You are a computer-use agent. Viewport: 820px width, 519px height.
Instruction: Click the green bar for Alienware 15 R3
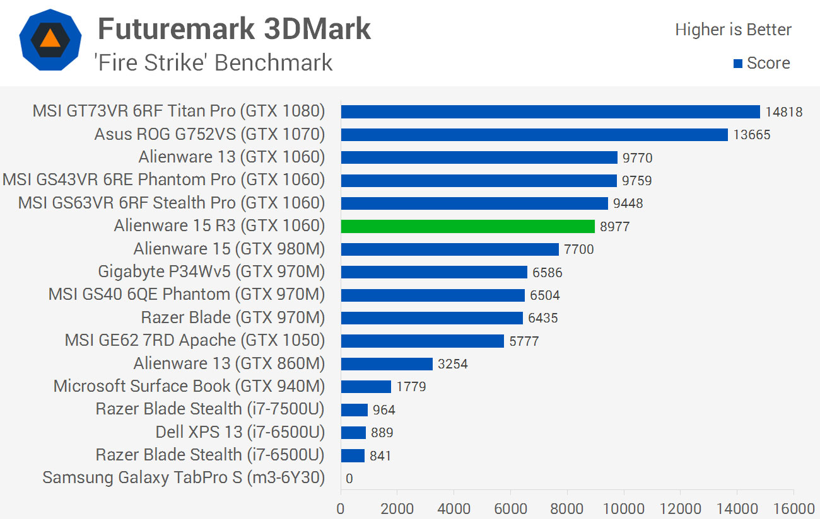[467, 226]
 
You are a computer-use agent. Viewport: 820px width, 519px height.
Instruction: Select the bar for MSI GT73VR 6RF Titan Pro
[550, 111]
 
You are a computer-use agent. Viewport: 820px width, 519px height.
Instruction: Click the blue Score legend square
[737, 64]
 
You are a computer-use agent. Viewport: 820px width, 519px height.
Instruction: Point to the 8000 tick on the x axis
[567, 508]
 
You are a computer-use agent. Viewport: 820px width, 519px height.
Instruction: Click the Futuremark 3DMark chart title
[234, 29]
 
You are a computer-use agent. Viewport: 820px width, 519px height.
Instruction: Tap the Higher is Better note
[733, 30]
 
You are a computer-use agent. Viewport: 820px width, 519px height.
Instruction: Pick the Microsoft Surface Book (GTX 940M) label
[189, 386]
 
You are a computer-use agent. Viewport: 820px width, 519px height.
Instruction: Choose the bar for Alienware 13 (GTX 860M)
[387, 363]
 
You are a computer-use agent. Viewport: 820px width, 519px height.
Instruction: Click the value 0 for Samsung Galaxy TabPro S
[349, 479]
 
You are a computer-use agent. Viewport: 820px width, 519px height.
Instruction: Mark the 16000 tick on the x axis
[794, 508]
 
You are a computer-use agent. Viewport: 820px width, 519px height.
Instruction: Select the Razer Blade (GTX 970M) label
[232, 317]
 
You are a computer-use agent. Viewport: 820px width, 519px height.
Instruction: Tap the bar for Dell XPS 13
[353, 432]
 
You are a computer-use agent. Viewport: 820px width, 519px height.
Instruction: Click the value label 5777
[524, 341]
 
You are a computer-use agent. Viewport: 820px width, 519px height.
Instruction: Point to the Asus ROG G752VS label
[209, 134]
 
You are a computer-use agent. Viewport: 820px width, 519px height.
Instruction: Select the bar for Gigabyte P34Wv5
[434, 272]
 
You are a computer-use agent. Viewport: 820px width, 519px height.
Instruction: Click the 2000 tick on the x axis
[397, 508]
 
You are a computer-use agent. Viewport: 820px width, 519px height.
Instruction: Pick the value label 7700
[579, 249]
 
